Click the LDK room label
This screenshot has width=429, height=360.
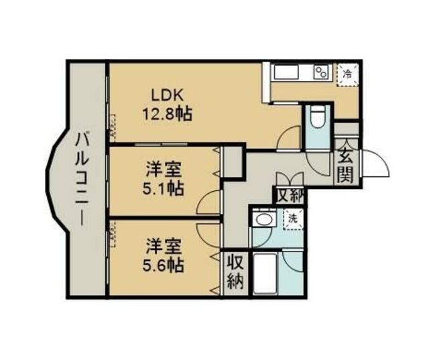tap(167, 97)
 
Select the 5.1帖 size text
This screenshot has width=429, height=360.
tap(163, 188)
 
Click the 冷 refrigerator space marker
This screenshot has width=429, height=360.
tap(347, 74)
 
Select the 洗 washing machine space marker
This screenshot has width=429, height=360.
tap(293, 219)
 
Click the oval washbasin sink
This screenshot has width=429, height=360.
tap(264, 219)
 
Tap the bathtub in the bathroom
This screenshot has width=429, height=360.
tap(265, 274)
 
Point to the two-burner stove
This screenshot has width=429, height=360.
tap(322, 72)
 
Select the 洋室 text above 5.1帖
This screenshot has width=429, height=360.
tap(163, 170)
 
